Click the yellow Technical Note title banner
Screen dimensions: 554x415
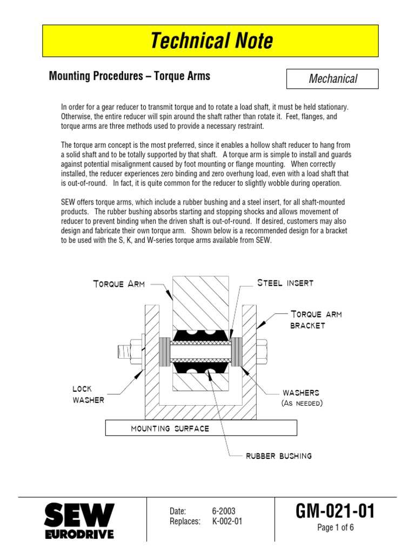pos(211,41)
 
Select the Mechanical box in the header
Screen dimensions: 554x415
pos(332,79)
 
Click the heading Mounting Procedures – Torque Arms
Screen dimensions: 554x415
pos(130,76)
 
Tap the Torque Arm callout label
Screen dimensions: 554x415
pos(118,284)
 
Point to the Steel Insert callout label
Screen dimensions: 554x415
pos(285,283)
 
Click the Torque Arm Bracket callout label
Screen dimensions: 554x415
pos(316,319)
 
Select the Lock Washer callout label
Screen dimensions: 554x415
pos(89,394)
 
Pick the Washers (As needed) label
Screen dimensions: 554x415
pos(302,398)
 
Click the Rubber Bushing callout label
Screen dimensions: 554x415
pos(279,456)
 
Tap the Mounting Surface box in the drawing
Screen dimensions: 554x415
pos(200,428)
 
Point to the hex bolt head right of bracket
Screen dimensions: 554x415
pos(263,351)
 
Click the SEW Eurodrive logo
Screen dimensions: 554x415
pos(79,521)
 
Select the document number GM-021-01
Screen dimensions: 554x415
pos(335,511)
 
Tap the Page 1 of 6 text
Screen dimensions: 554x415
pos(335,528)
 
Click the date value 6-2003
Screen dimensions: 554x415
pos(224,511)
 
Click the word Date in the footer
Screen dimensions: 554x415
pos(178,511)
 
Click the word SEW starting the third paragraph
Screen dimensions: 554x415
pos(69,202)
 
